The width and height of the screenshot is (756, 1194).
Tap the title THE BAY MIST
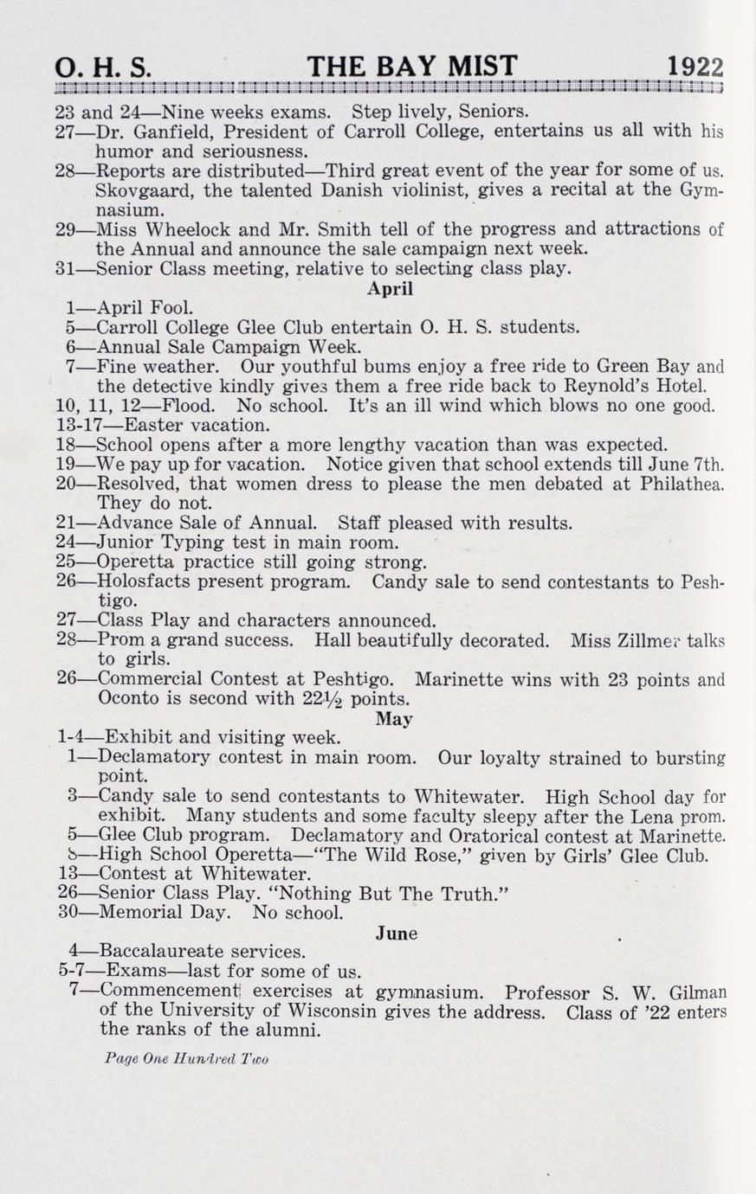click(x=411, y=67)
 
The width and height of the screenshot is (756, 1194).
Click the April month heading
click(x=390, y=289)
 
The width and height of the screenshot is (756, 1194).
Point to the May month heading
click(x=394, y=719)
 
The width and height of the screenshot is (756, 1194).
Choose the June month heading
click(x=397, y=933)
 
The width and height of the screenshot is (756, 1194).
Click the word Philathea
click(x=680, y=485)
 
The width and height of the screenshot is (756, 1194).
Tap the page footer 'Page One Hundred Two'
click(x=186, y=1058)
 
